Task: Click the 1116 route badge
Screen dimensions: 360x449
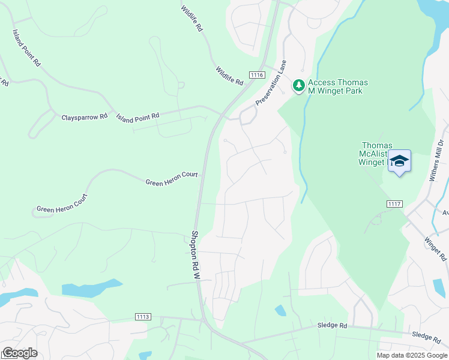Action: (257, 74)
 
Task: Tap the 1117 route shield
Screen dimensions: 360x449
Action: (394, 204)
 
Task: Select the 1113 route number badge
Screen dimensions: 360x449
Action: (143, 316)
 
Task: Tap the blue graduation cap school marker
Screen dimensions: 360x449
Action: (399, 161)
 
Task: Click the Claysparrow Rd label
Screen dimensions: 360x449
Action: (84, 117)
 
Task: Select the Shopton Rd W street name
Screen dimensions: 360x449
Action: (195, 255)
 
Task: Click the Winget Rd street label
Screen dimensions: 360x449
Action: (435, 248)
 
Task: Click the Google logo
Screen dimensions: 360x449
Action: (19, 353)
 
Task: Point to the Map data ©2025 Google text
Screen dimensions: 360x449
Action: (412, 355)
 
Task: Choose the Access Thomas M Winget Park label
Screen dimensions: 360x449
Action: (338, 86)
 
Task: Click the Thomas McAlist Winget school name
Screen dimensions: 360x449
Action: (376, 154)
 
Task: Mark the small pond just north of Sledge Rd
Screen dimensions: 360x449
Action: (280, 310)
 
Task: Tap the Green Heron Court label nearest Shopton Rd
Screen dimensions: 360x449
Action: (172, 178)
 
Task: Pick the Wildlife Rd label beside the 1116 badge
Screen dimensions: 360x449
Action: (229, 75)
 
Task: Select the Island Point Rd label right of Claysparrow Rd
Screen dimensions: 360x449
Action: (138, 116)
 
